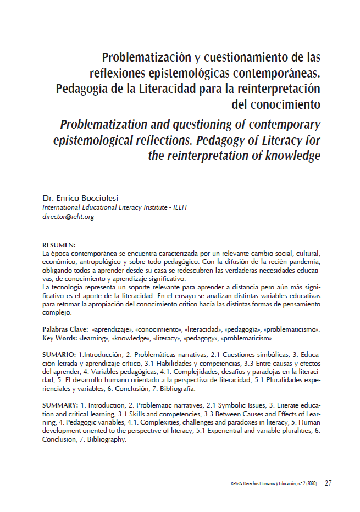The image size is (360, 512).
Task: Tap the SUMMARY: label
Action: [x=60, y=405]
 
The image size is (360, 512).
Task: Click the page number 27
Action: [x=328, y=483]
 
